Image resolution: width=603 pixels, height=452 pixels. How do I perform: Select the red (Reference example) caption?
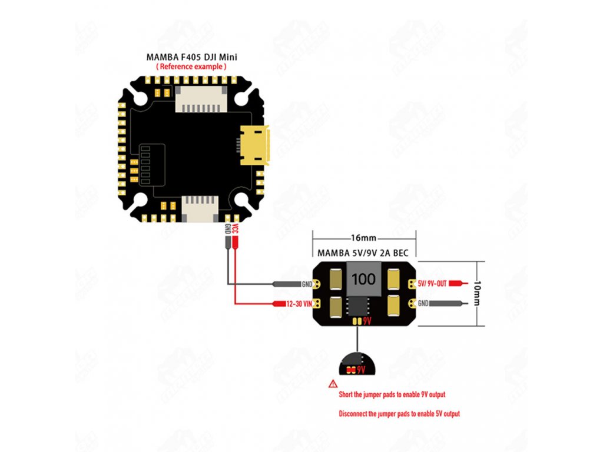point(191,67)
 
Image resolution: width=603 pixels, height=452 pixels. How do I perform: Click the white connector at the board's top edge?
point(200,97)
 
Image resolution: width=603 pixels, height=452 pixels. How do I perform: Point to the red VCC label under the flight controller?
point(234,229)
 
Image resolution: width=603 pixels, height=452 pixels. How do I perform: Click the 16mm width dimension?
point(363,238)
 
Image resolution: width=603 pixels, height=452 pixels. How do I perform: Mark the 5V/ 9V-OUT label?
point(433,284)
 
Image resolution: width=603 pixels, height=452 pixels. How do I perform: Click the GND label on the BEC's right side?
point(423,304)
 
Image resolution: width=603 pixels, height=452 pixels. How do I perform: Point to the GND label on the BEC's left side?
point(307,284)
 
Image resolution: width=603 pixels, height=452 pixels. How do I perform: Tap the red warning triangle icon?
point(333,383)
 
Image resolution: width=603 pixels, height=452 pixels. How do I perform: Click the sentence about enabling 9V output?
point(396,394)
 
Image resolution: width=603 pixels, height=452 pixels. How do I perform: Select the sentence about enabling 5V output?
point(399,414)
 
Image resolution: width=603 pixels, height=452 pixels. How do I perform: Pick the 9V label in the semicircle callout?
point(362,370)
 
